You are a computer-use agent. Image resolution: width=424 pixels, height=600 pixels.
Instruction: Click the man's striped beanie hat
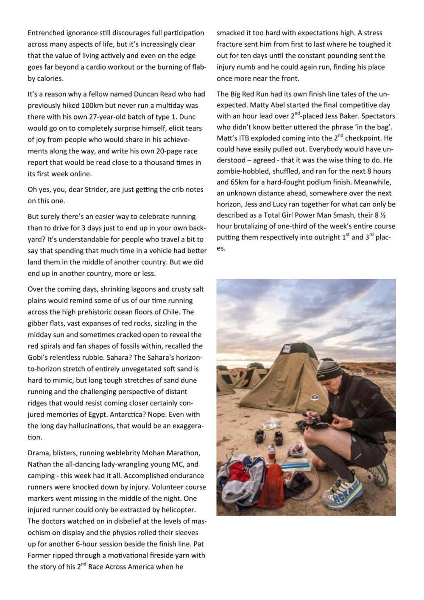[x=329, y=370]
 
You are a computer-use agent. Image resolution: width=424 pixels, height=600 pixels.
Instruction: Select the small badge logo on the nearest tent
[x=314, y=397]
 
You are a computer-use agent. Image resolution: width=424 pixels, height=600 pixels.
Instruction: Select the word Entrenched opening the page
[x=47, y=33]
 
